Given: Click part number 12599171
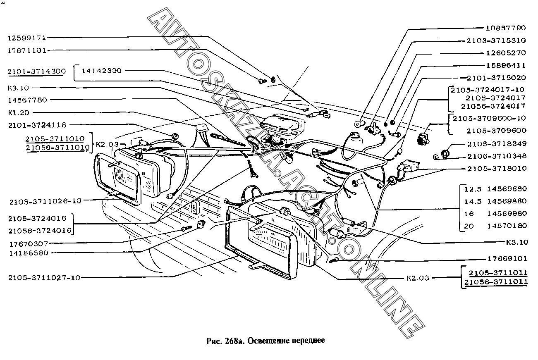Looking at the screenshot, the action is tap(27, 38).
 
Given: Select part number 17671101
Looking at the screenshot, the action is tap(27, 51).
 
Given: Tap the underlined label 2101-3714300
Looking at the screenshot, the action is tap(37, 72).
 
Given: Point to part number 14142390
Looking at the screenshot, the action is tap(102, 71).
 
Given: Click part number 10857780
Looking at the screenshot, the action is tap(506, 28).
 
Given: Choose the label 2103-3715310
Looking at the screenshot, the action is tap(496, 41).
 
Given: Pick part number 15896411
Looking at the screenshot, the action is tap(506, 66).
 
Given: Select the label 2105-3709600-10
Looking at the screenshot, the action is tap(489, 118).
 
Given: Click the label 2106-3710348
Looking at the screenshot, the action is tap(497, 157).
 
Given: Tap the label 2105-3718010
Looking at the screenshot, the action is tap(497, 169).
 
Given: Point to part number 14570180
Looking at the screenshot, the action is tap(507, 226).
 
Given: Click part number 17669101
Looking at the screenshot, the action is tap(507, 259).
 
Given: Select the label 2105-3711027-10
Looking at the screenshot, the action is tap(44, 278).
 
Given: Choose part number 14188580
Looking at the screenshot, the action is tap(29, 253).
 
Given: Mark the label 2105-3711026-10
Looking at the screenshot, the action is tap(45, 201).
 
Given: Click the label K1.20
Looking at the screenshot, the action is tap(19, 113).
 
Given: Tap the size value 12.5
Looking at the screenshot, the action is tap(473, 189).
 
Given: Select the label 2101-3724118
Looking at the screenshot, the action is tap(37, 125).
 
